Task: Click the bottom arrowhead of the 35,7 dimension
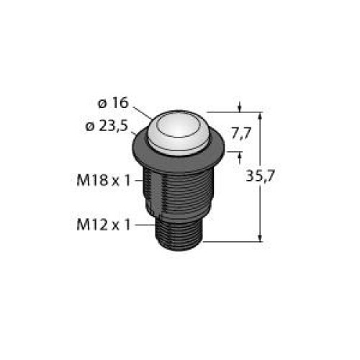tap(260, 238)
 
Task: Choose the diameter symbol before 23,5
tap(90, 127)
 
